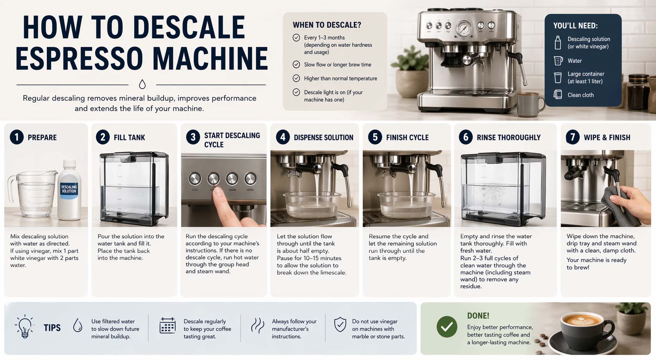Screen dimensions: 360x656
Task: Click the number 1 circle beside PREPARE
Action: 17,137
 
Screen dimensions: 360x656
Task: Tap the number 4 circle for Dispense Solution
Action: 283,137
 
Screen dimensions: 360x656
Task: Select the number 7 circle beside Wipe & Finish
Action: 573,137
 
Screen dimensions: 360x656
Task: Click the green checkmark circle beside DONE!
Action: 447,327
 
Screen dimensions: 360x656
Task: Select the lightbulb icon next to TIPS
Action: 25,327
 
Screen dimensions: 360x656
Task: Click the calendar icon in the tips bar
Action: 167,326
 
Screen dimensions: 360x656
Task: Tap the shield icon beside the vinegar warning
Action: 340,325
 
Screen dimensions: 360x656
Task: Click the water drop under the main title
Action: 142,84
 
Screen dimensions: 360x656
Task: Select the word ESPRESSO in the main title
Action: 79,59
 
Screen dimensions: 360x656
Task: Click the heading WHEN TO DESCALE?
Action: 327,25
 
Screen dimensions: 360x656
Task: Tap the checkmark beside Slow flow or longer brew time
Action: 296,64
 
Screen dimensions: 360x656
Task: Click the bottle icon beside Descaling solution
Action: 558,43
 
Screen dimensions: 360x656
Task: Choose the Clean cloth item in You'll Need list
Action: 580,95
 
